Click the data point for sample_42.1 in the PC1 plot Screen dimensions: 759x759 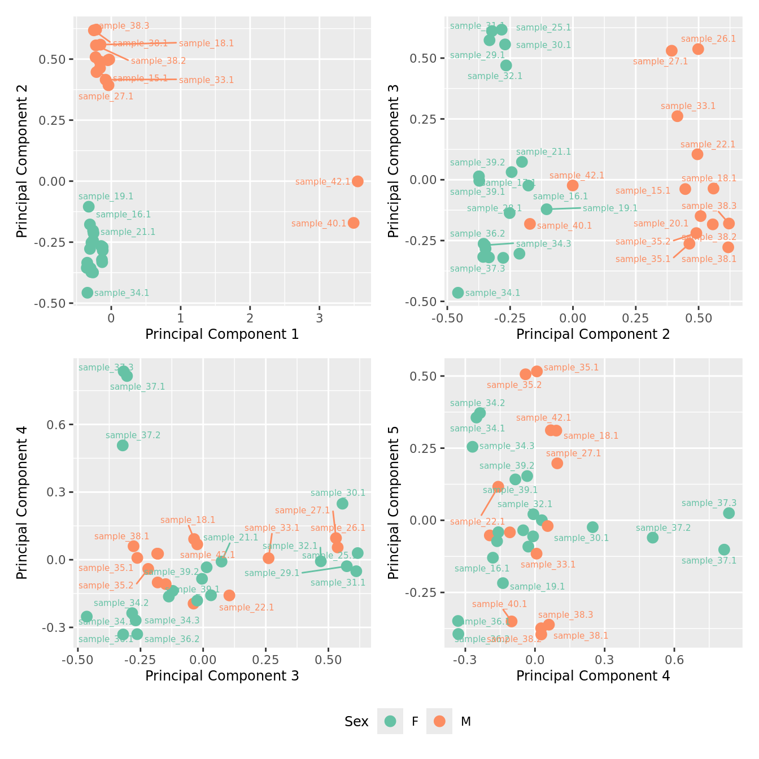pyautogui.click(x=357, y=181)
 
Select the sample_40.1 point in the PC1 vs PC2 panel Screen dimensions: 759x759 pyautogui.click(x=354, y=223)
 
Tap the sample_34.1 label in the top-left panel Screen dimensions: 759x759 pyautogui.click(x=121, y=293)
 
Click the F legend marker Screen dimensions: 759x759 pyautogui.click(x=390, y=721)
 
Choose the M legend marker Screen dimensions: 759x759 pyautogui.click(x=439, y=721)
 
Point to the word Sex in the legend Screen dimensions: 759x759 pyautogui.click(x=356, y=722)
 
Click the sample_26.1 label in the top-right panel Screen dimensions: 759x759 pyautogui.click(x=708, y=39)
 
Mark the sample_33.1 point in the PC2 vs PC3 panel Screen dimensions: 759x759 pyautogui.click(x=677, y=116)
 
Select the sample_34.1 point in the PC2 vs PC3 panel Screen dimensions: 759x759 pyautogui.click(x=458, y=293)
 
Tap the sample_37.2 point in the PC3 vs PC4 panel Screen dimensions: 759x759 pyautogui.click(x=123, y=446)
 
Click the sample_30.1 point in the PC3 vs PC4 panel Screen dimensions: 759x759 pyautogui.click(x=342, y=504)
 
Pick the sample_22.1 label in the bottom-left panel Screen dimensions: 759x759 pyautogui.click(x=246, y=608)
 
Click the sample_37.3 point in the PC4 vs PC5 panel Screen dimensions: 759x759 pyautogui.click(x=729, y=513)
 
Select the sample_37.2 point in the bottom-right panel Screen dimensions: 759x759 pyautogui.click(x=653, y=538)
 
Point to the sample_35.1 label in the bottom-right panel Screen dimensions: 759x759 pyautogui.click(x=571, y=368)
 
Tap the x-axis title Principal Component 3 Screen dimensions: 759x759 pyautogui.click(x=222, y=675)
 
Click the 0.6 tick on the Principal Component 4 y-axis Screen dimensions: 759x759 pyautogui.click(x=56, y=425)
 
